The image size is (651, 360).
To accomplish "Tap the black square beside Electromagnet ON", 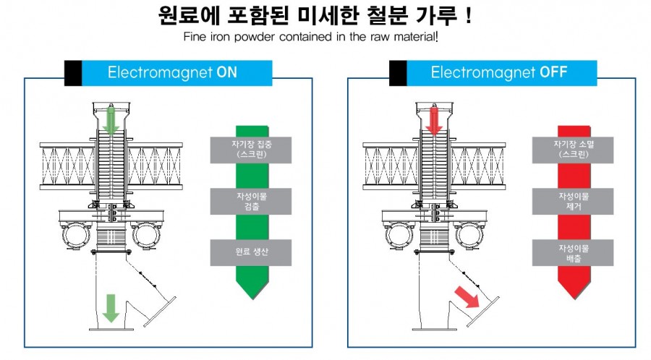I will point(73,72).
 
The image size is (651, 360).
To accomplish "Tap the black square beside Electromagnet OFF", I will point(398,72).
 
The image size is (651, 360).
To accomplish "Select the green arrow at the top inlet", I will point(110,120).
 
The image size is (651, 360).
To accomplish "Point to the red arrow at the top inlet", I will point(435,120).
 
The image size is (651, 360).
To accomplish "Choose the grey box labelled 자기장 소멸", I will point(574,149).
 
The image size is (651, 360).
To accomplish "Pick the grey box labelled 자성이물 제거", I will point(574,201).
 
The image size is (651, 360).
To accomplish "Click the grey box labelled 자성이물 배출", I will point(574,252).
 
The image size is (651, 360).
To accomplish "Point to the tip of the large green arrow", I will point(251,296).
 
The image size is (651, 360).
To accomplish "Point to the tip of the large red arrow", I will point(574,297).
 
